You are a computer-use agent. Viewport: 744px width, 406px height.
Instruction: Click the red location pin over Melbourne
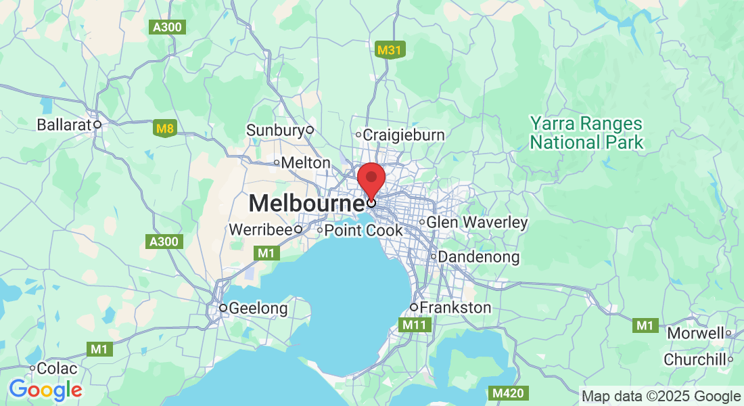click(371, 179)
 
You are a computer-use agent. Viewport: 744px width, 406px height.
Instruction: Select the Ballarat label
click(64, 125)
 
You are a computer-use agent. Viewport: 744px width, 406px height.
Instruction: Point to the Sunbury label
click(275, 130)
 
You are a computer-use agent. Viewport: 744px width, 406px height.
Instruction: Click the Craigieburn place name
click(404, 135)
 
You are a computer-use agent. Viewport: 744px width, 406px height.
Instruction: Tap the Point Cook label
click(363, 230)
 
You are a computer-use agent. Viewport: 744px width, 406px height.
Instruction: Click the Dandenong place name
click(479, 257)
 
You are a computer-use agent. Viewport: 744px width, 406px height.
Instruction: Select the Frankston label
click(455, 308)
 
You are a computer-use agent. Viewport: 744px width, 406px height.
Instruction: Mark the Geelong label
click(258, 309)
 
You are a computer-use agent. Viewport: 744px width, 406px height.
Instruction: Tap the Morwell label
click(695, 333)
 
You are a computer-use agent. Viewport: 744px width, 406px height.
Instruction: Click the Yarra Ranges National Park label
click(586, 133)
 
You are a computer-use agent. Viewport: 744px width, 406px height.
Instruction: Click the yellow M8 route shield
click(164, 128)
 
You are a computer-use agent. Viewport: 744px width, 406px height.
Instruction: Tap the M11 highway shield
click(413, 325)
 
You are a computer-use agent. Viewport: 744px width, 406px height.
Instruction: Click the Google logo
click(45, 390)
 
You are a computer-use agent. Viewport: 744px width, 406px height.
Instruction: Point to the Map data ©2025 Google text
click(661, 396)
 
